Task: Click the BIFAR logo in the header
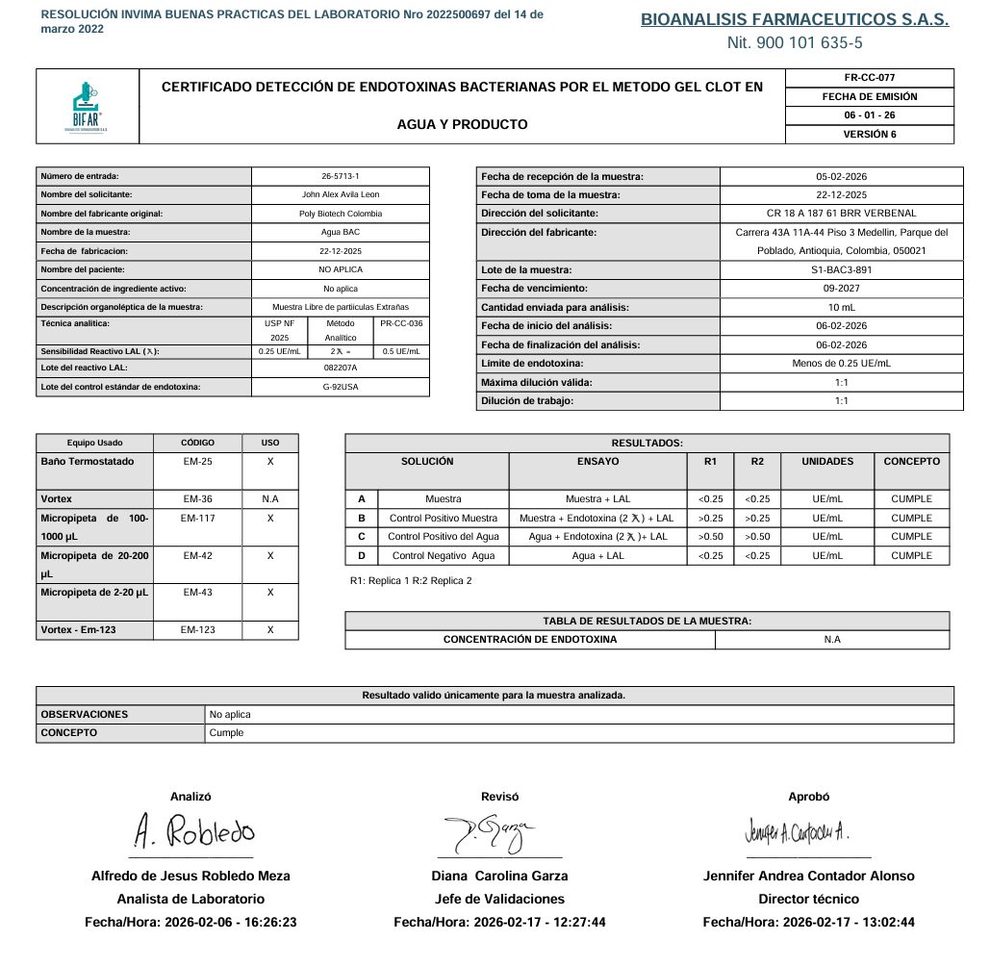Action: [89, 107]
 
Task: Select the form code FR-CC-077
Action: [869, 78]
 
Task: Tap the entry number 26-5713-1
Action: [341, 176]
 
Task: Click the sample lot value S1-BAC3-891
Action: [841, 270]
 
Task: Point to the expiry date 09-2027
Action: [841, 289]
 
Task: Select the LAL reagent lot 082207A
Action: [341, 368]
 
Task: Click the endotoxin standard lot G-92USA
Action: [341, 387]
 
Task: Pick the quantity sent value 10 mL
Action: [841, 308]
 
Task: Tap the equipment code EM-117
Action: [198, 519]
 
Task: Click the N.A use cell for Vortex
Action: [270, 499]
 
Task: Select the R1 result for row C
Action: [710, 537]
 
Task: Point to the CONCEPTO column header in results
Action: [911, 462]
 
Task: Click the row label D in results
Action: [362, 556]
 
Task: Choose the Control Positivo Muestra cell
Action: [444, 519]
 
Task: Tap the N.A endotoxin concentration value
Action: [832, 640]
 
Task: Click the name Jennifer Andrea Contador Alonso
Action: [808, 877]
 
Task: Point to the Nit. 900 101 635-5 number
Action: [795, 43]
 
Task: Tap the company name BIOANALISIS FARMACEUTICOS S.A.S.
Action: [795, 19]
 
